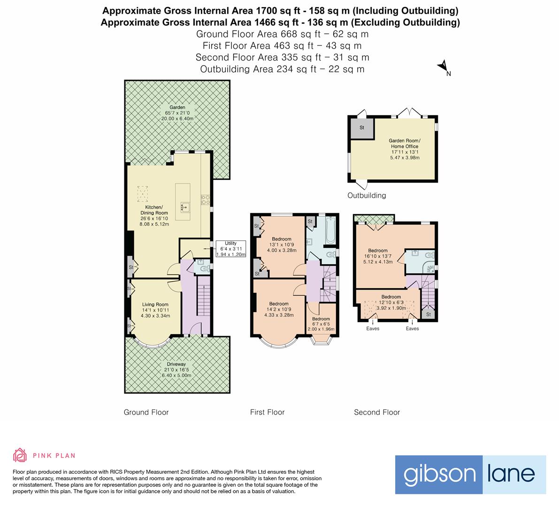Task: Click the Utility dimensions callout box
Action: coord(230,249)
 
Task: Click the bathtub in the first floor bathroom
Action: coord(329,230)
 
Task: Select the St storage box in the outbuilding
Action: coord(362,128)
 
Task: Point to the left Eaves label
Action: coord(373,329)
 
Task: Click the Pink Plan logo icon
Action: coord(20,455)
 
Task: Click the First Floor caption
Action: coord(267,412)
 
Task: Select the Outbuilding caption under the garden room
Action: coord(367,195)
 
